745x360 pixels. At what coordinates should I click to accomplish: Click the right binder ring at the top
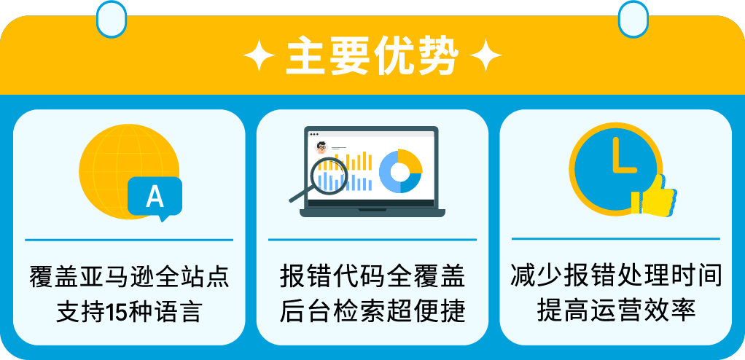(x=633, y=17)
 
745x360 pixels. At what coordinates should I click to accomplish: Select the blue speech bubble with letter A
(x=155, y=197)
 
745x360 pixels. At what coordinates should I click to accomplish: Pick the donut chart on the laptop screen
(x=400, y=171)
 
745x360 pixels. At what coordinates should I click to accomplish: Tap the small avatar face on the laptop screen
(x=321, y=146)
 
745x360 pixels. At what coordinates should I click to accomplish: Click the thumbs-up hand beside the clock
(x=657, y=195)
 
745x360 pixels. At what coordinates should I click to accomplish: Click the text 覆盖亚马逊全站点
(x=129, y=277)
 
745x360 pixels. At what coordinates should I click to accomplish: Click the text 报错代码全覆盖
(x=372, y=277)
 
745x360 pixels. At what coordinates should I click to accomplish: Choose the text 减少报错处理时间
(x=616, y=277)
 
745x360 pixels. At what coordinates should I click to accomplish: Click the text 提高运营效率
(x=616, y=310)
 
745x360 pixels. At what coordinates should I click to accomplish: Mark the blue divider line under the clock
(x=616, y=238)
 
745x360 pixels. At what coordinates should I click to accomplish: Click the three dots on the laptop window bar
(x=314, y=134)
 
